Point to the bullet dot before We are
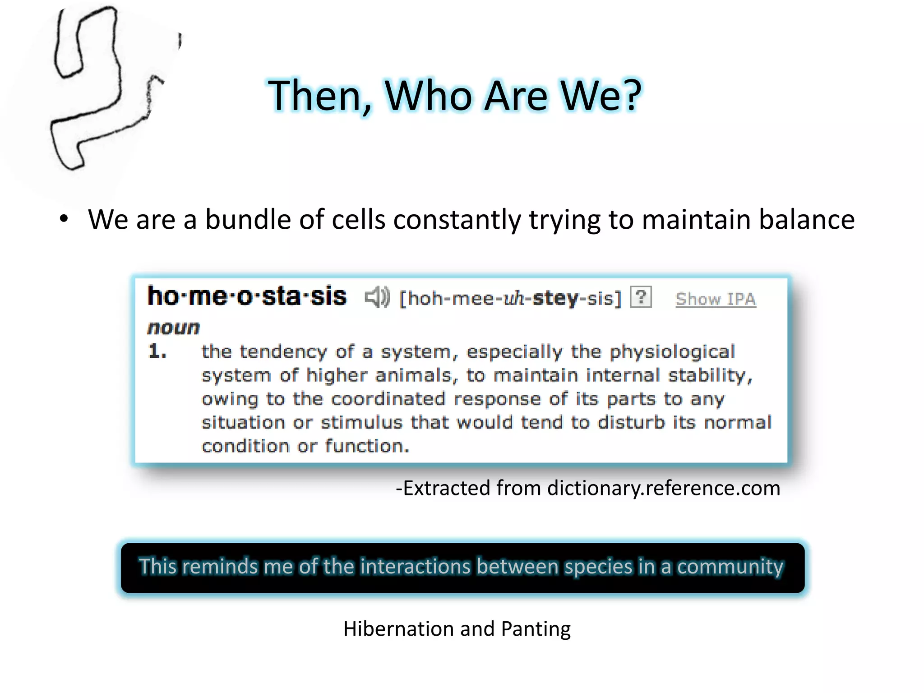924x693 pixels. tap(64, 219)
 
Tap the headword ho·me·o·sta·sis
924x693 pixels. tap(247, 296)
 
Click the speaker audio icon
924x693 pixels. tap(377, 297)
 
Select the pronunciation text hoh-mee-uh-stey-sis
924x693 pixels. tap(510, 299)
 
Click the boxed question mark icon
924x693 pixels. tap(640, 297)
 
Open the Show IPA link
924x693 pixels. tap(715, 299)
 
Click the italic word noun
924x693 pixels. tap(173, 328)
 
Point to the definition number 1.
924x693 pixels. tap(157, 351)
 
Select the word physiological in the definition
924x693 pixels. tap(672, 352)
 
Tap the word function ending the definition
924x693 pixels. tap(366, 446)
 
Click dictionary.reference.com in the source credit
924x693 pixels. tap(663, 488)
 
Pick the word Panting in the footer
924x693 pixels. tap(536, 629)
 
